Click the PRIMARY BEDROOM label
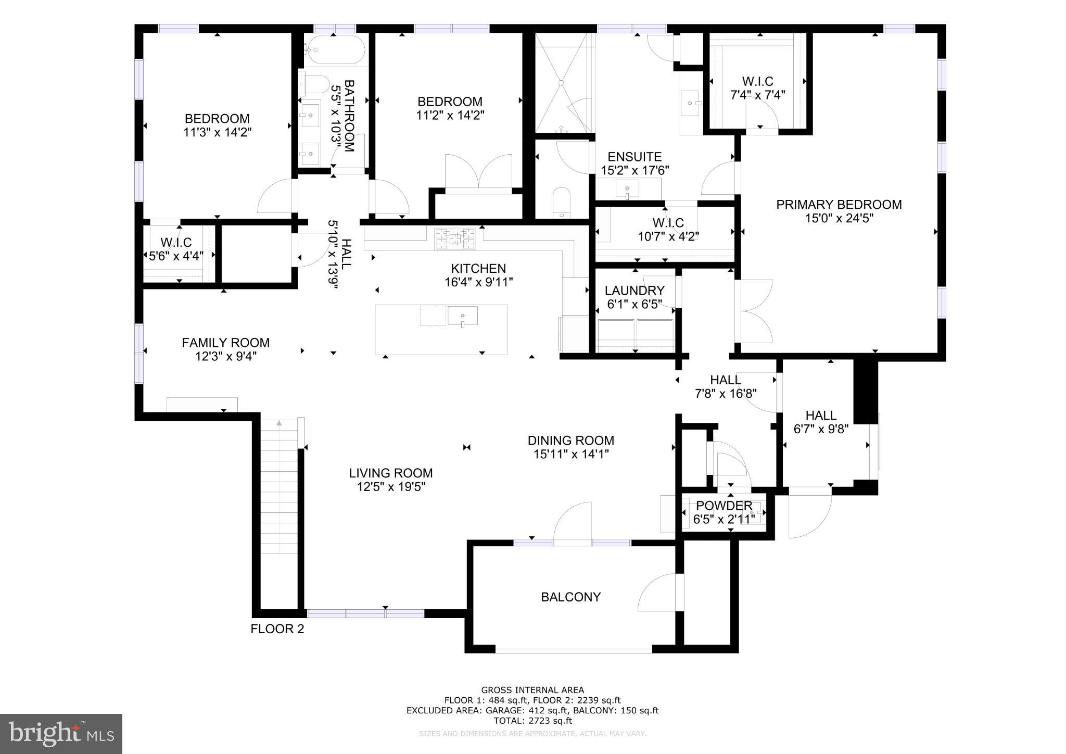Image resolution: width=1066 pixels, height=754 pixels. (x=839, y=205)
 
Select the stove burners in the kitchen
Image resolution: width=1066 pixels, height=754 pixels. (x=455, y=239)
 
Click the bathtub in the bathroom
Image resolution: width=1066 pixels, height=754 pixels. (x=335, y=50)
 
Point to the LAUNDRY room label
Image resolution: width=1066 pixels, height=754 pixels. (x=634, y=291)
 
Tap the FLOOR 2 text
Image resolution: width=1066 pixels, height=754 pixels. (x=277, y=629)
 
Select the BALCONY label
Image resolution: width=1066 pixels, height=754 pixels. (x=570, y=597)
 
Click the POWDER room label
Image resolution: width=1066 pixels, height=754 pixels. (x=724, y=506)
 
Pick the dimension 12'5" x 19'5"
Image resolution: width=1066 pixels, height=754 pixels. (x=390, y=487)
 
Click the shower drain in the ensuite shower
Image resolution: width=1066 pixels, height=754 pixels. (x=562, y=82)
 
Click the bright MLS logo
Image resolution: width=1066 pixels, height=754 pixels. (x=61, y=734)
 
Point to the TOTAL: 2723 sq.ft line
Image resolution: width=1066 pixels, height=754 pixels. (x=532, y=721)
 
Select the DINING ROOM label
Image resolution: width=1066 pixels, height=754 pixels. (x=570, y=441)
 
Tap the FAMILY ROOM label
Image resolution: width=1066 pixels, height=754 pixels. (x=225, y=343)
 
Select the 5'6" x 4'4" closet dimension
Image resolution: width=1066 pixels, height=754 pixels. (x=176, y=256)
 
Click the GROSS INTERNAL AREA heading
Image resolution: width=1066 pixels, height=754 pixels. (x=532, y=690)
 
